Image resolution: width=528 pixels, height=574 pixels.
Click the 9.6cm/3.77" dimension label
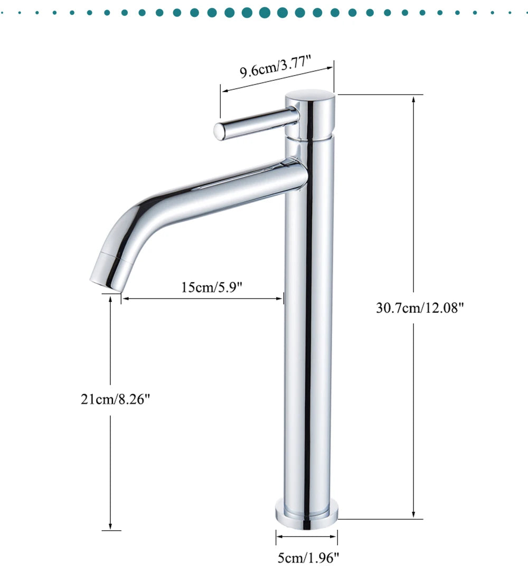[x=276, y=66]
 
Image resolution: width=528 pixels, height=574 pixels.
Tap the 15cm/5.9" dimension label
[x=212, y=287]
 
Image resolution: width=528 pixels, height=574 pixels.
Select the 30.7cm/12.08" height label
[x=420, y=307]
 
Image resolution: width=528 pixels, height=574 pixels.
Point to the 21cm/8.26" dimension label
[x=115, y=399]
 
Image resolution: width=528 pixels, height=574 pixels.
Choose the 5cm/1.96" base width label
[x=308, y=558]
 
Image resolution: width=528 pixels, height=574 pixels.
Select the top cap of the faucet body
[x=310, y=115]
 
